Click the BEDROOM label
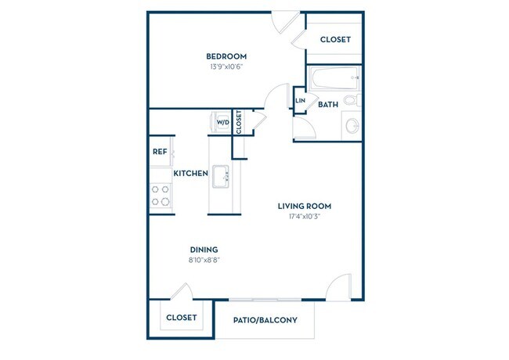[x=226, y=56]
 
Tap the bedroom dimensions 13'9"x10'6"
[x=226, y=67]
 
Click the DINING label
[x=203, y=250]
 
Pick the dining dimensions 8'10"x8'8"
[x=203, y=261]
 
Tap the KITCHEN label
[x=190, y=173]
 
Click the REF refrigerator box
[x=160, y=153]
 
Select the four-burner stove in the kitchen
[x=161, y=196]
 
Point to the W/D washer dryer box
[x=222, y=122]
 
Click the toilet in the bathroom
[x=353, y=100]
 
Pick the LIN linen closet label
[x=300, y=100]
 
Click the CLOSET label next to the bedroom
[x=335, y=39]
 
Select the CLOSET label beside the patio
[x=181, y=318]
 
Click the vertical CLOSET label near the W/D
[x=239, y=122]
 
